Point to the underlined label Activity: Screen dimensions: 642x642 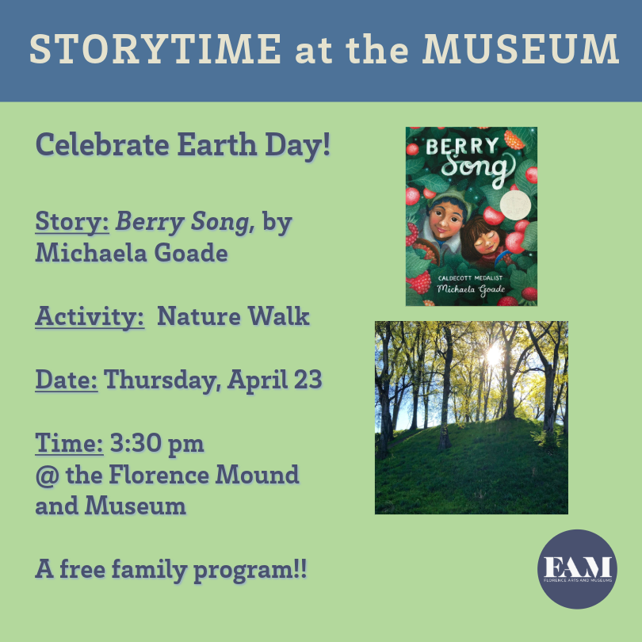click(x=90, y=316)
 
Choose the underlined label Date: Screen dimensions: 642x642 click(x=67, y=379)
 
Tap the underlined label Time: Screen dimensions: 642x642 click(x=69, y=442)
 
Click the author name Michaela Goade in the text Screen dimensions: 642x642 click(x=132, y=253)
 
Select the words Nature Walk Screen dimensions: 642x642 click(x=233, y=316)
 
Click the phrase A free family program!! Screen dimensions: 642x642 click(x=171, y=568)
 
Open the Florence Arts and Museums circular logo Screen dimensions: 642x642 click(x=577, y=569)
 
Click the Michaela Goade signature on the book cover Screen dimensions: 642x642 click(x=471, y=289)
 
